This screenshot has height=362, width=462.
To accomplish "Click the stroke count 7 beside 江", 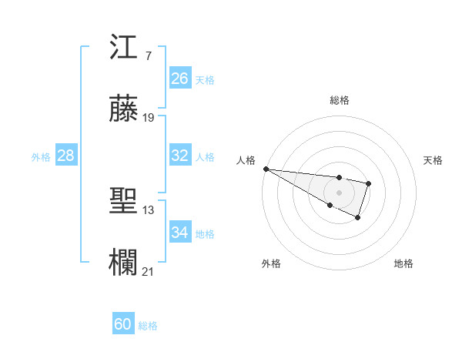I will [x=148, y=57].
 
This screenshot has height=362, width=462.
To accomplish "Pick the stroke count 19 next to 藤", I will [x=149, y=118].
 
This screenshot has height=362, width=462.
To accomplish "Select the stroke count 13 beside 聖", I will [x=149, y=210].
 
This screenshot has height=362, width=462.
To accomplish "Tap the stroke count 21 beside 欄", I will [x=149, y=272].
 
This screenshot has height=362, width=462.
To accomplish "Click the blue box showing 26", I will [x=180, y=79].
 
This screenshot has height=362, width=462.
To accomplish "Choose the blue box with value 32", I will [x=180, y=156].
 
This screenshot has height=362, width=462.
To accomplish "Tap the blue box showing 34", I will [x=180, y=233].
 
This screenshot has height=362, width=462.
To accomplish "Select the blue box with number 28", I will [x=66, y=156].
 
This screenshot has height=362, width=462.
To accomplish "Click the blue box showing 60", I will [x=123, y=324].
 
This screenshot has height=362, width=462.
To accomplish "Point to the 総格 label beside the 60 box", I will [x=148, y=326].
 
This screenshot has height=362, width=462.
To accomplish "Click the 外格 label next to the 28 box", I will [x=41, y=157].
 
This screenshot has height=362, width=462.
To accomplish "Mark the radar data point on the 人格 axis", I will [x=266, y=168].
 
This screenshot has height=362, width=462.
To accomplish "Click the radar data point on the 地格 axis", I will [x=357, y=218].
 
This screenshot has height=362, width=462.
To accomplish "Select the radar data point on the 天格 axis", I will [x=369, y=183].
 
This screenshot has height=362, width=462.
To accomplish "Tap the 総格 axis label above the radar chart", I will [x=339, y=100].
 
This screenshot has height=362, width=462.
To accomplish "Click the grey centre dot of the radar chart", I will [x=339, y=193].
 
